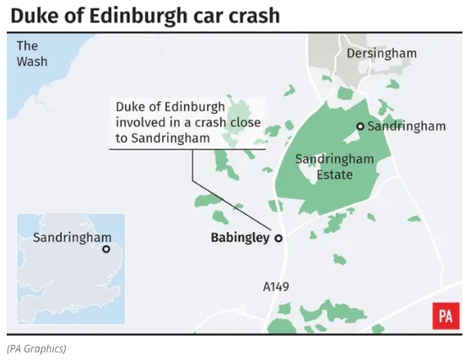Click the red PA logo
pyautogui.click(x=446, y=316)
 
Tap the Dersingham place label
pyautogui.click(x=381, y=53)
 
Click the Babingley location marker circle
pyautogui.click(x=278, y=239)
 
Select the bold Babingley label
pyautogui.click(x=240, y=238)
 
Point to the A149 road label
pyautogui.click(x=276, y=287)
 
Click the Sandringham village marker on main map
pyautogui.click(x=360, y=126)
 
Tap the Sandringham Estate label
pyautogui.click(x=324, y=167)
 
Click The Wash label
pyautogui.click(x=32, y=53)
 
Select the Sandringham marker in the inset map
pyautogui.click(x=106, y=249)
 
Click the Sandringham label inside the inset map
pyautogui.click(x=72, y=237)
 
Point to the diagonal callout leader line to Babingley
pyautogui.click(x=232, y=207)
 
